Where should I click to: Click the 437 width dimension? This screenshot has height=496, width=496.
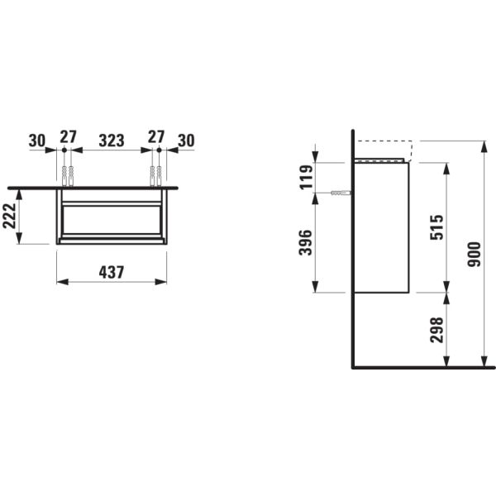click(x=112, y=272)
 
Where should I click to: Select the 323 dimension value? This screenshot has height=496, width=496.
click(x=112, y=141)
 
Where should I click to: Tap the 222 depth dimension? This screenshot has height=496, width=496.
click(x=9, y=216)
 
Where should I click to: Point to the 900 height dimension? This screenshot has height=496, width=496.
click(x=475, y=254)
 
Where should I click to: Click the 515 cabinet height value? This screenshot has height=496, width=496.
click(x=436, y=227)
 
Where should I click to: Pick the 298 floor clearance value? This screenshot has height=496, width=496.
click(x=436, y=330)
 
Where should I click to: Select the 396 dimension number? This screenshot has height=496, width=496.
click(x=306, y=242)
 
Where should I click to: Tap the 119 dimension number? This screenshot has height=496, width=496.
click(x=306, y=177)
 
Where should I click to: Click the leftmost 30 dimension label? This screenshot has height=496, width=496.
click(x=37, y=141)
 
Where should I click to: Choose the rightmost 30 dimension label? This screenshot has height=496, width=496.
click(x=186, y=141)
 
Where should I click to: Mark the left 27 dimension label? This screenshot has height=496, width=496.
click(x=69, y=137)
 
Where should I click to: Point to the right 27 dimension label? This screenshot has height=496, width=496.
click(x=156, y=137)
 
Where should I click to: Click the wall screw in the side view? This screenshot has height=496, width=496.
click(x=341, y=193)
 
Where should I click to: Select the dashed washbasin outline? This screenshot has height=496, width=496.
click(x=384, y=151)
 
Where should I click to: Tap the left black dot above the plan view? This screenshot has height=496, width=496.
click(x=64, y=150)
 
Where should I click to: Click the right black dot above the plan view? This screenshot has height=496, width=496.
click(x=159, y=150)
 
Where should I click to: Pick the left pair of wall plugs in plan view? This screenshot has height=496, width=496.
click(x=68, y=176)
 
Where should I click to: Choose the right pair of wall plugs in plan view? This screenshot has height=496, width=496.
click(x=155, y=176)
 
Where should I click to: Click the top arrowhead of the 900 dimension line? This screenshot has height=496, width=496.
click(x=484, y=147)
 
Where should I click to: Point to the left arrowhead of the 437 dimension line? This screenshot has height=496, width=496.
click(x=63, y=282)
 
